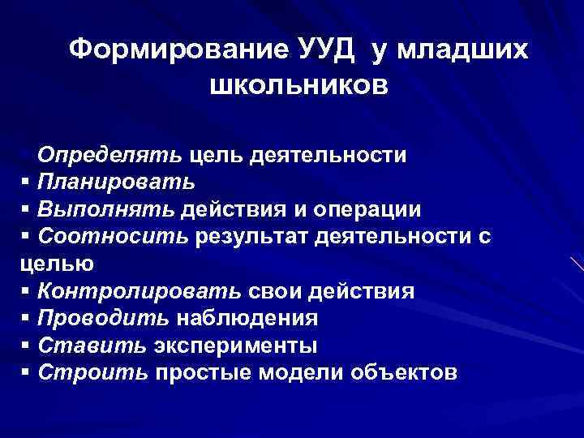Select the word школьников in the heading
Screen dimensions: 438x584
point(298,84)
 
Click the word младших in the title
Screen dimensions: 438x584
point(462,49)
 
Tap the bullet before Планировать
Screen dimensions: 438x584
point(26,182)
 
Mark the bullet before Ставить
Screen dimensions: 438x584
point(26,346)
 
